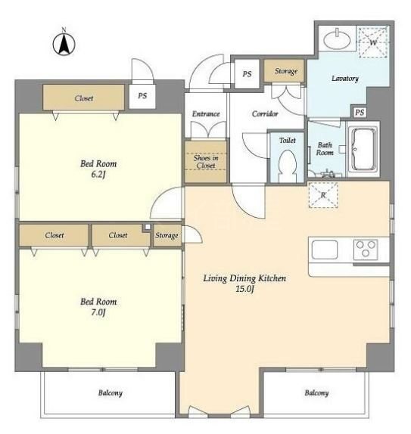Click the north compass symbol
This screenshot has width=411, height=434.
pyautogui.click(x=64, y=44)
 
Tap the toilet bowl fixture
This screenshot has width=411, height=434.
pyautogui.click(x=288, y=166)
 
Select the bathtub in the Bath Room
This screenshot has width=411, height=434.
pyautogui.click(x=363, y=150)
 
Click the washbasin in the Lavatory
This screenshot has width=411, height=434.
pyautogui.click(x=337, y=39)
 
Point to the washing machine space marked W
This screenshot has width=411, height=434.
pyautogui.click(x=373, y=42)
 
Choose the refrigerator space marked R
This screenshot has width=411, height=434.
pyautogui.click(x=323, y=195)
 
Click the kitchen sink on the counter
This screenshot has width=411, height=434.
pyautogui.click(x=325, y=250)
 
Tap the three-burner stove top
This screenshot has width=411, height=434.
pyautogui.click(x=366, y=250)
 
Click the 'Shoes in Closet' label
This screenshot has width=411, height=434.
pyautogui.click(x=206, y=162)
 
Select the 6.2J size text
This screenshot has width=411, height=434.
pyautogui.click(x=98, y=175)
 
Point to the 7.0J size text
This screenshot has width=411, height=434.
pyautogui.click(x=98, y=313)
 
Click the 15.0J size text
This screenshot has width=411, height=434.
pyautogui.click(x=244, y=289)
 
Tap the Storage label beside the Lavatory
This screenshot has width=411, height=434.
pyautogui.click(x=286, y=71)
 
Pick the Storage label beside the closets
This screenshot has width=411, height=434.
pyautogui.click(x=167, y=235)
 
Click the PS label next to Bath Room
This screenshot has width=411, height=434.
pyautogui.click(x=360, y=112)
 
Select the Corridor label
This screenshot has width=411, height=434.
pyautogui.click(x=265, y=113)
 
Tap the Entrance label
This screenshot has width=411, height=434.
pyautogui.click(x=206, y=113)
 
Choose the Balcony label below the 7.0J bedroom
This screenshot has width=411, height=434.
pyautogui.click(x=111, y=392)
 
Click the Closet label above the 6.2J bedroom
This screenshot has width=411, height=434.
pyautogui.click(x=84, y=98)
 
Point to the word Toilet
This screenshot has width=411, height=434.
pyautogui.click(x=288, y=141)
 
